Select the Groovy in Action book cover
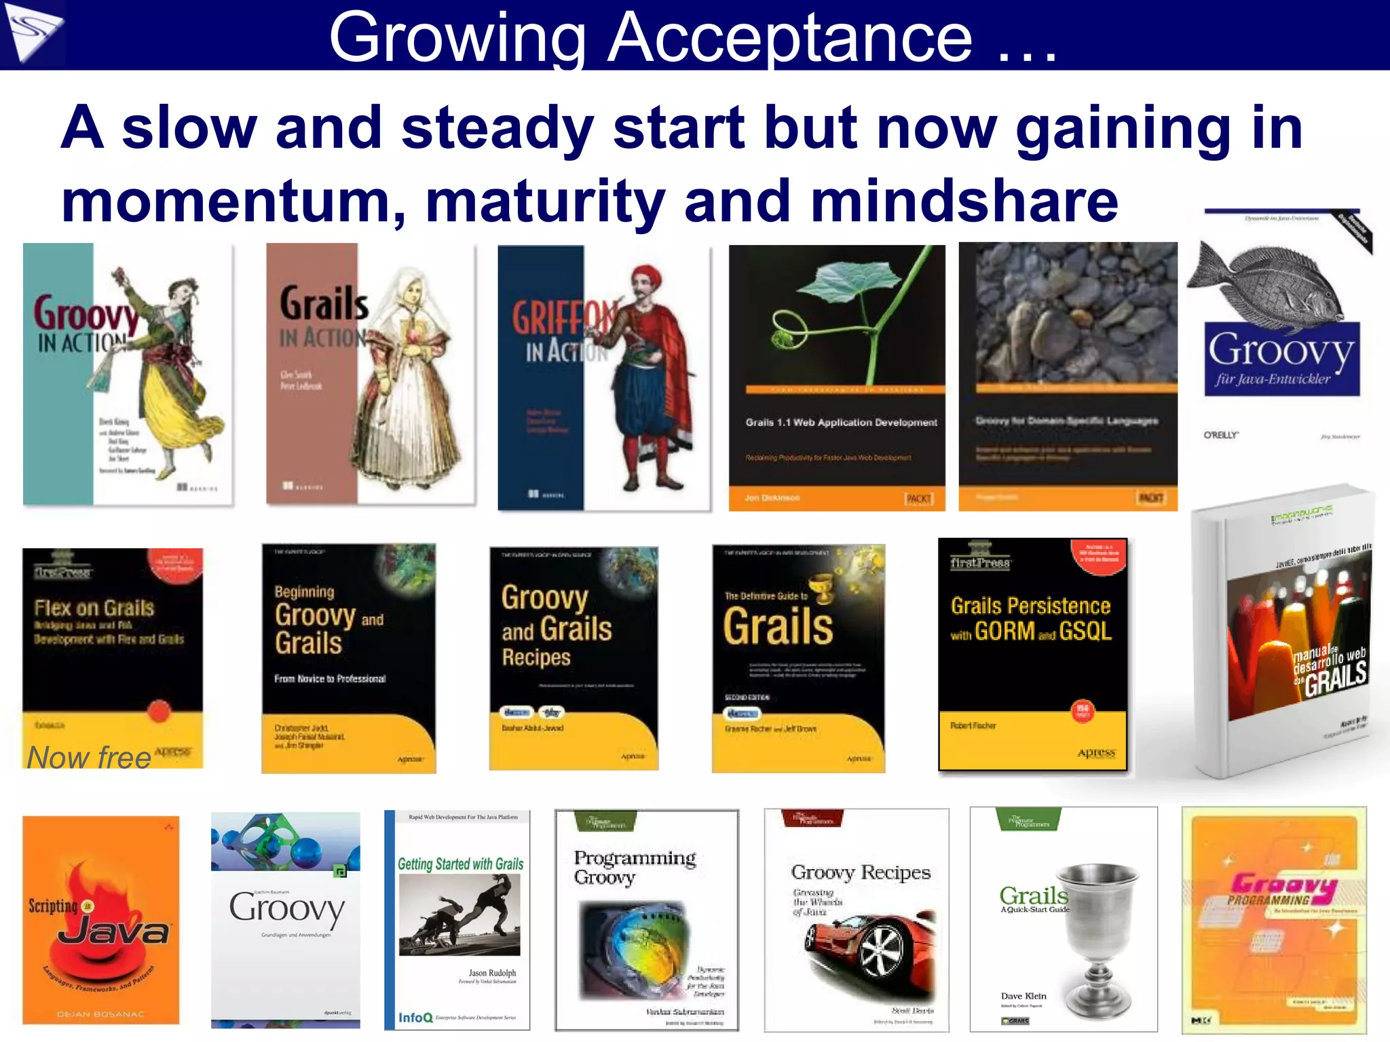point(128,374)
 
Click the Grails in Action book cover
point(371,374)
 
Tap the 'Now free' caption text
point(89,757)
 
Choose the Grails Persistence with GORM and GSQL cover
point(1032,655)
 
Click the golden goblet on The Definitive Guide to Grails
point(823,587)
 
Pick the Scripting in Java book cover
point(101,920)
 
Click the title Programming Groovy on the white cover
point(634,867)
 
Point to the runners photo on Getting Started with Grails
point(459,914)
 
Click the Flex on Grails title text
point(94,608)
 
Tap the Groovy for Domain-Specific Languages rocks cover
point(1068,377)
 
